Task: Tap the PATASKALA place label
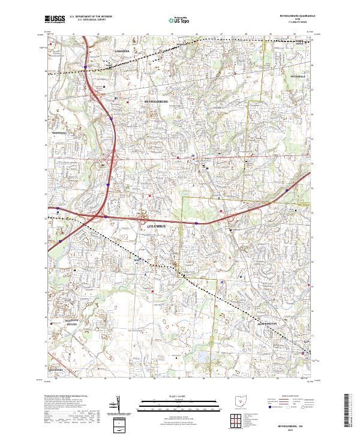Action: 298,78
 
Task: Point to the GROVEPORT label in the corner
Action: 57,370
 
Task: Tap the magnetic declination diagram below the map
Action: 123,404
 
